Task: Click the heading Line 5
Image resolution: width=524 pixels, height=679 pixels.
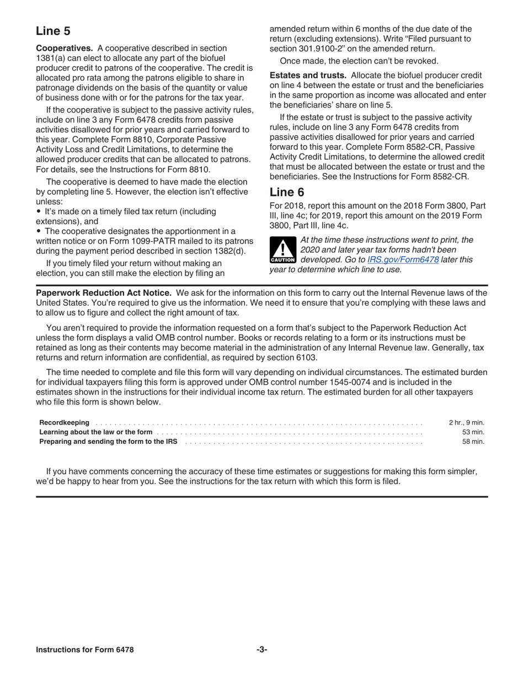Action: [53, 31]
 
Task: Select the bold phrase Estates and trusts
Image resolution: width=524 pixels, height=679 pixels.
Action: [308, 75]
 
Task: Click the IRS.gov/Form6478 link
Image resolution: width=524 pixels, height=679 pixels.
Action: [403, 259]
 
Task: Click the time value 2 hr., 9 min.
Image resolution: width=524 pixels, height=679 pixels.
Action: [466, 423]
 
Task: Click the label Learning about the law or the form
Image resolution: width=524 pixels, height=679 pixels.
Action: [96, 432]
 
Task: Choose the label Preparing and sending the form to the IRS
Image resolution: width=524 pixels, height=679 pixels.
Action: [109, 442]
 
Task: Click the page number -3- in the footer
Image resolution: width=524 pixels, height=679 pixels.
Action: [261, 650]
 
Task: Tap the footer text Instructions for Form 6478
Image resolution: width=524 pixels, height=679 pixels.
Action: [84, 650]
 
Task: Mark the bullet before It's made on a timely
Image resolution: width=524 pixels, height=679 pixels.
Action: [39, 212]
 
